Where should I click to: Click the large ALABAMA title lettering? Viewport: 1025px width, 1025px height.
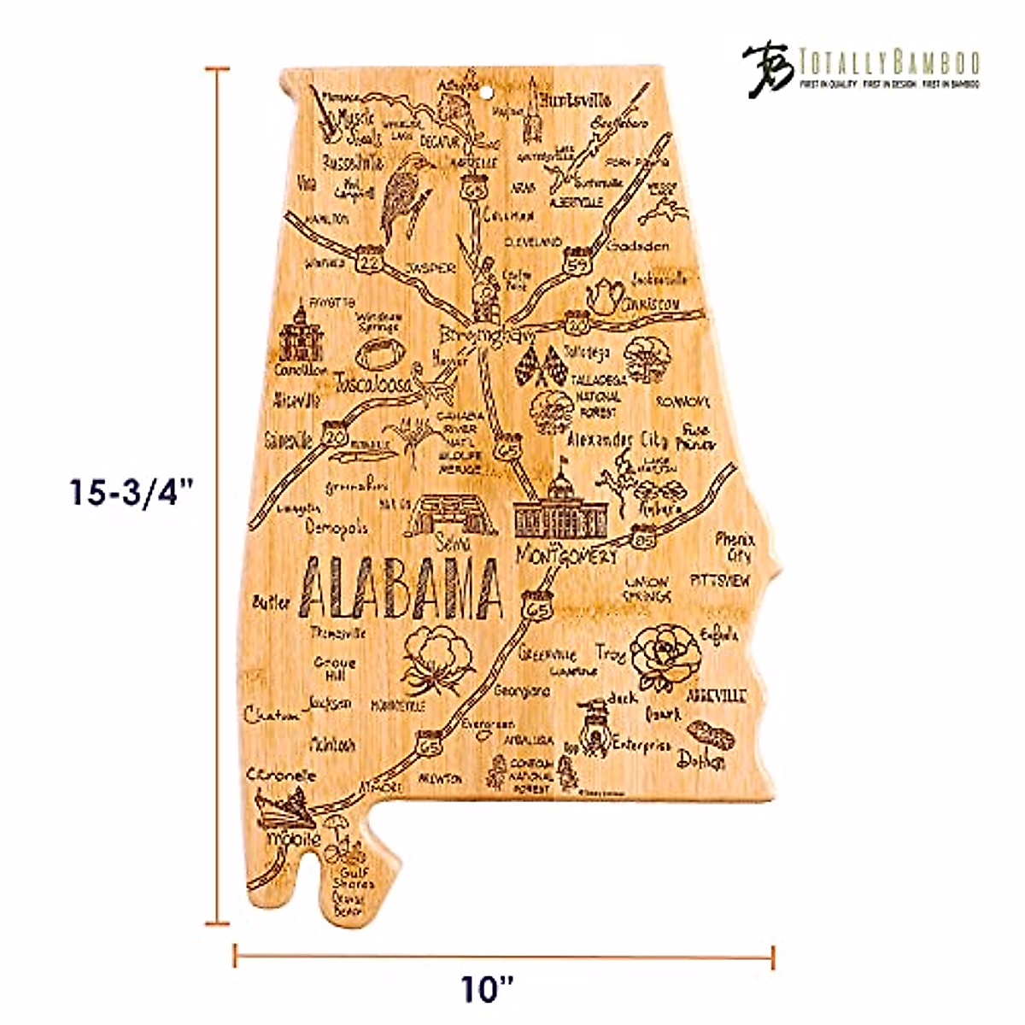401,589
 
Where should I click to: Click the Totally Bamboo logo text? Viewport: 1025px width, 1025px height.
888,62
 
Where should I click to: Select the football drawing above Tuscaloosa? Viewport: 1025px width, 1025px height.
376,351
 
